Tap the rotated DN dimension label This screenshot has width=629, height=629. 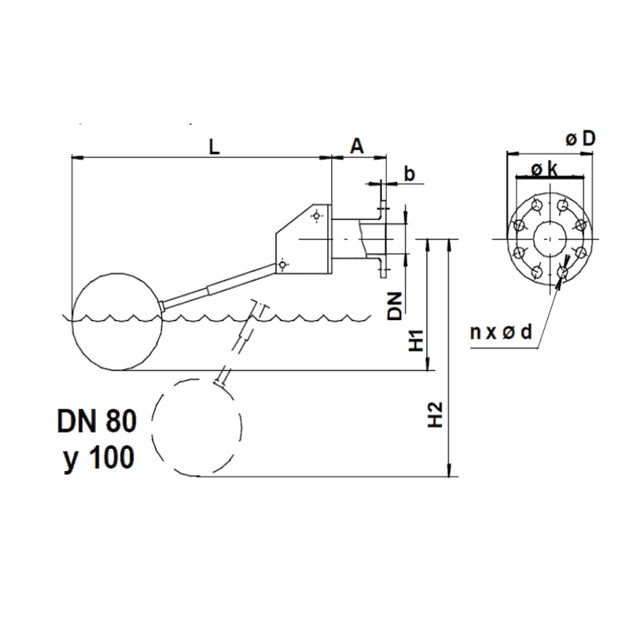pyautogui.click(x=398, y=306)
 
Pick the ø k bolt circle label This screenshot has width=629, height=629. pyautogui.click(x=545, y=169)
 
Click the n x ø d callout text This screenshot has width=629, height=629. pyautogui.click(x=502, y=333)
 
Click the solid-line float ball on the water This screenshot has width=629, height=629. pyautogui.click(x=117, y=322)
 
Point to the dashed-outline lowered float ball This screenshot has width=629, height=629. pyautogui.click(x=197, y=429)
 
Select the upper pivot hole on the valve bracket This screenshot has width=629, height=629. pyautogui.click(x=316, y=215)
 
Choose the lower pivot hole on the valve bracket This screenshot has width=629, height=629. pyautogui.click(x=285, y=263)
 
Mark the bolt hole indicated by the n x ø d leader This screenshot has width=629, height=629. pyautogui.click(x=561, y=273)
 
